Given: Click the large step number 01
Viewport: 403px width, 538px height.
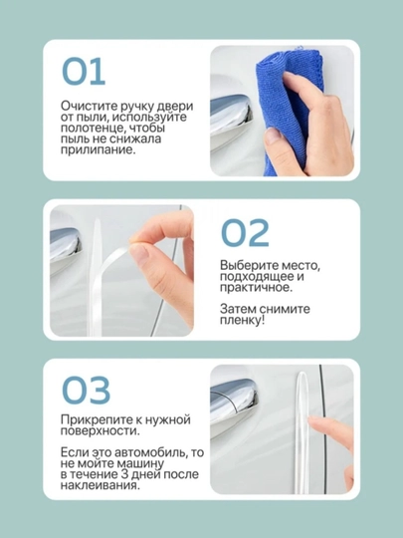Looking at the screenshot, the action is click(84, 72).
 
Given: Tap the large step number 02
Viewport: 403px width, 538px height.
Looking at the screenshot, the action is click(245, 233).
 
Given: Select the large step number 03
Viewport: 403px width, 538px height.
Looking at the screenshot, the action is click(86, 391).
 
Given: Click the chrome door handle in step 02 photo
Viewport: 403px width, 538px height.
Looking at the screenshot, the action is click(65, 246).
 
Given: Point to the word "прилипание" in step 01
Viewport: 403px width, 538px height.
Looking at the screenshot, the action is click(96, 150).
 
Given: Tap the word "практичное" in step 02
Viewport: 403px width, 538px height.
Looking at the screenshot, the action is click(256, 287).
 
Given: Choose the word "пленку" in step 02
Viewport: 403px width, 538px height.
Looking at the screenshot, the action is click(241, 321).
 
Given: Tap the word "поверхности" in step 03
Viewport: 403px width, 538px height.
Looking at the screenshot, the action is click(100, 431).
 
